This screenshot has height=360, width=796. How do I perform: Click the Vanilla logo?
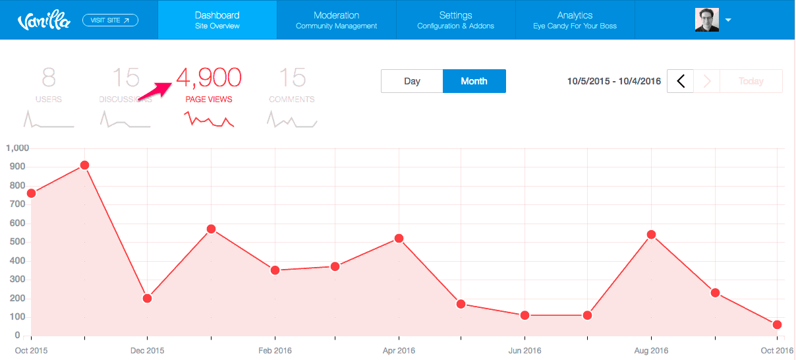43,21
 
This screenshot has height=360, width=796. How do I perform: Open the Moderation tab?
336,20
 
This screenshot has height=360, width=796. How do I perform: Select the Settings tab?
455,20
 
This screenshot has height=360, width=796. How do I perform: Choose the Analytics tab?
575,20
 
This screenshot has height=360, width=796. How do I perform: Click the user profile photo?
706,20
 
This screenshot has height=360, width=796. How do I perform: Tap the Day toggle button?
412,81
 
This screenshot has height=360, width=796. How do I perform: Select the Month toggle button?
474,81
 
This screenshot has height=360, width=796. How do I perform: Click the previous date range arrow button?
681,81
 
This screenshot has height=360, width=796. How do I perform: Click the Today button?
751,81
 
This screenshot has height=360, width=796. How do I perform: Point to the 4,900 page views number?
209,78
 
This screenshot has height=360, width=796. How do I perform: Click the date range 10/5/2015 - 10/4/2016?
613,81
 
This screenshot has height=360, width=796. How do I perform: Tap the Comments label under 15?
291,100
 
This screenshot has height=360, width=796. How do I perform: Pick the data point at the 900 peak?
84,165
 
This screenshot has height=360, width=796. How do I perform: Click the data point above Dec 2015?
147,298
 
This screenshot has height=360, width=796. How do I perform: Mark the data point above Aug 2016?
651,235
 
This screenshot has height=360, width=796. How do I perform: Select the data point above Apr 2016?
399,238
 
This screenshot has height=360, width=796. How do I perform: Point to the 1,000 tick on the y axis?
17,148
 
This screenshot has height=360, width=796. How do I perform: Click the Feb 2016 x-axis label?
274,350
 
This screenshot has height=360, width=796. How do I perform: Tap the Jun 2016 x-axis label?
525,350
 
